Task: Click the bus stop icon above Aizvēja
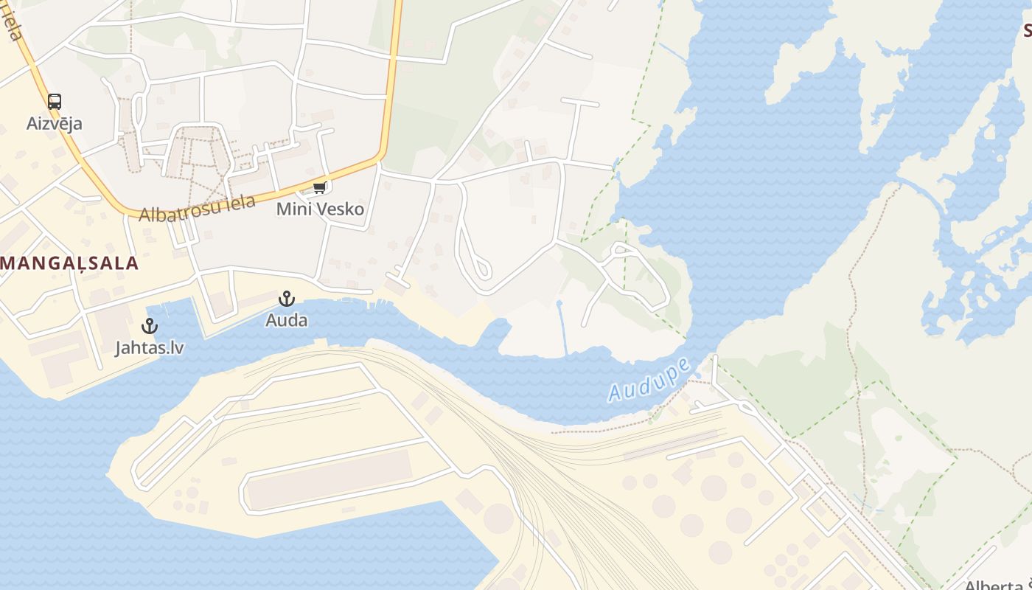(x=55, y=102)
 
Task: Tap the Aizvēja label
(x=55, y=123)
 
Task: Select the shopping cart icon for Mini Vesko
(x=319, y=188)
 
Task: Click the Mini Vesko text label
(x=320, y=209)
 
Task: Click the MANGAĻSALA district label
(x=70, y=263)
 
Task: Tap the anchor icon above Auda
(x=286, y=299)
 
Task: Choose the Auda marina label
(x=287, y=321)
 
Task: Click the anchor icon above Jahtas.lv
(x=150, y=325)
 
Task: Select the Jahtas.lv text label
(x=150, y=347)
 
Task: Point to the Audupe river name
(x=649, y=380)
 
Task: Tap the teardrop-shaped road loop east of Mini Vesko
(x=480, y=267)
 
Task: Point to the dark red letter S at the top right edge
(x=1026, y=31)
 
